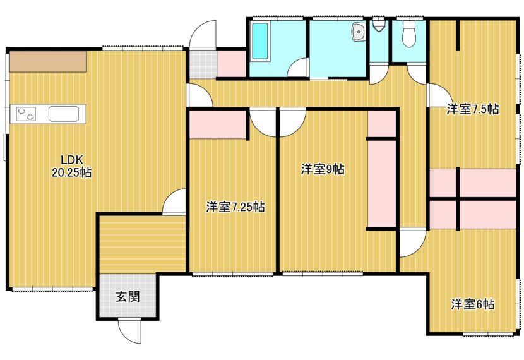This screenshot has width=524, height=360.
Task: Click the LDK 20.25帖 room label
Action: coord(71,166)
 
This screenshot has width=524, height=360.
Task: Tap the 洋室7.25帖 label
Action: coord(235,207)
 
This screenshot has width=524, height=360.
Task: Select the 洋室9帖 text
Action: coord(323,169)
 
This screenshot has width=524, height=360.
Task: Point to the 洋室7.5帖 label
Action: coord(473,109)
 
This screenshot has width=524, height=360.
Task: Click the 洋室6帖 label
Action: coord(473,304)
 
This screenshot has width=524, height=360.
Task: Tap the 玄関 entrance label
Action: coord(128,296)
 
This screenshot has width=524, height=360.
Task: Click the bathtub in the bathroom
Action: coord(259,41)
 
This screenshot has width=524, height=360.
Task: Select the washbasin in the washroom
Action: coord(358,32)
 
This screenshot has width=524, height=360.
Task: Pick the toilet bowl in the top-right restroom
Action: coord(408,34)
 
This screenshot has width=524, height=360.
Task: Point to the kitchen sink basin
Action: coord(64,114)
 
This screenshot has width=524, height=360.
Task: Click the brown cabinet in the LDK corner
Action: coord(48,61)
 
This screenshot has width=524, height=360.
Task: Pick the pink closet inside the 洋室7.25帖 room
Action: coord(218,124)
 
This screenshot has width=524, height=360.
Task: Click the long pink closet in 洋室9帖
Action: coord(382,184)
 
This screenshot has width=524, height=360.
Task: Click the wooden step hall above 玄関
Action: coord(143,244)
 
